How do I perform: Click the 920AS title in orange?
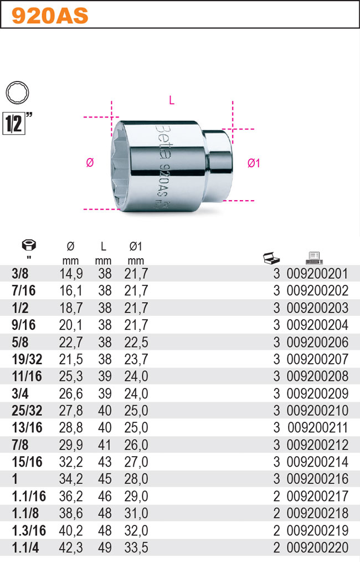pos(50,16)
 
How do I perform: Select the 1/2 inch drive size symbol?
pos(15,122)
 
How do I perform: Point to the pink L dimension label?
pos(172,100)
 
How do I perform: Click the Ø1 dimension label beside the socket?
pos(254,163)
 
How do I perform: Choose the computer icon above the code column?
pos(314,257)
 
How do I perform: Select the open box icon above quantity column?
pos(271,258)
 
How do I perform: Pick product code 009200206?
pos(317,342)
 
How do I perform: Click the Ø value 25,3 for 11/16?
pos(70,376)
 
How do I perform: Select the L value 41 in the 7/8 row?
pos(105,445)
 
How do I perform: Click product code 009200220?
pos(317,548)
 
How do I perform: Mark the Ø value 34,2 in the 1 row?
pos(70,479)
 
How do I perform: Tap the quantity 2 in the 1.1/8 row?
pos(276,514)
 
